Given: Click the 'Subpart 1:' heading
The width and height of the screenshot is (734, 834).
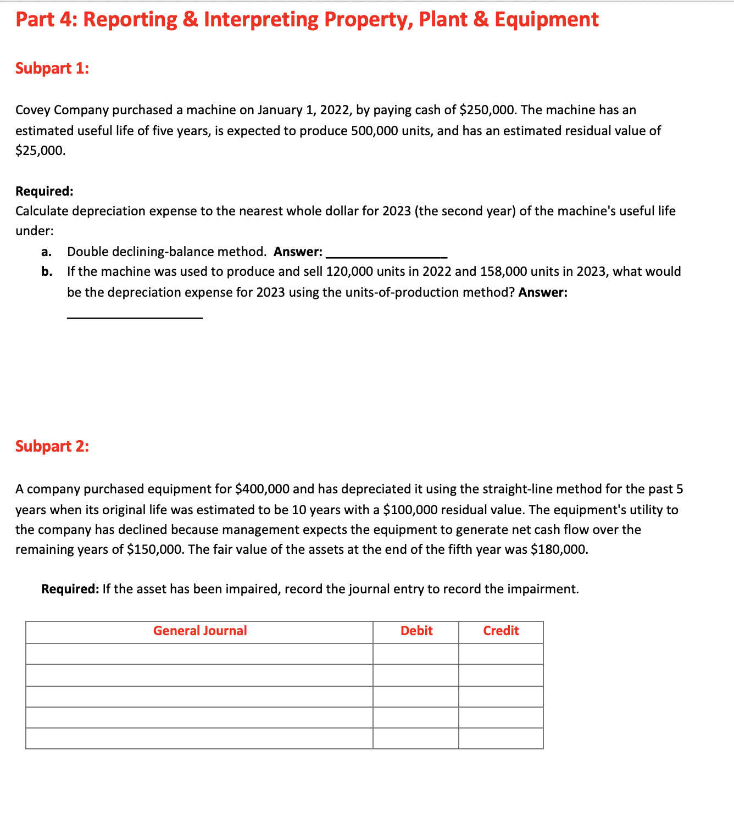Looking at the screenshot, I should click(52, 68).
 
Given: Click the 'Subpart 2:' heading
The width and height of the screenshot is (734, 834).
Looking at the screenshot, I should click(52, 446).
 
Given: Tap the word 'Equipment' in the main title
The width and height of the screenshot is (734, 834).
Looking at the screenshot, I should click(546, 19).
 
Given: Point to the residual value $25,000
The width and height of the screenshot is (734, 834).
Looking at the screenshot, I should click(40, 151).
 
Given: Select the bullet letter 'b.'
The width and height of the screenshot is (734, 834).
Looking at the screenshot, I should click(47, 271).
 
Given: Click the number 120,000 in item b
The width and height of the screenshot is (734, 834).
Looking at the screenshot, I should click(350, 271).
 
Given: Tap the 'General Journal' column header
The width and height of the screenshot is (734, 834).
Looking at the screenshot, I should click(200, 631).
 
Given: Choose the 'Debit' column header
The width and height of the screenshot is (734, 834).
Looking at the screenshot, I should click(416, 631).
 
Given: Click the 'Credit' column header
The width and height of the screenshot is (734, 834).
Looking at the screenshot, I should click(501, 631).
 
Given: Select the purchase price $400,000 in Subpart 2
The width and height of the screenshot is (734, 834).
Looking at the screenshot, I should click(262, 489).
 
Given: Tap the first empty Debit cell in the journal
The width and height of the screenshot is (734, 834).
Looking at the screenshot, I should click(416, 654).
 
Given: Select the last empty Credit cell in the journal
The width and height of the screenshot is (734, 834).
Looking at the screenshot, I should click(501, 738).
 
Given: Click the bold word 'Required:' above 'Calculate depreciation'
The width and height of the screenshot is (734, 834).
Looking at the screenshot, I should click(44, 191).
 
